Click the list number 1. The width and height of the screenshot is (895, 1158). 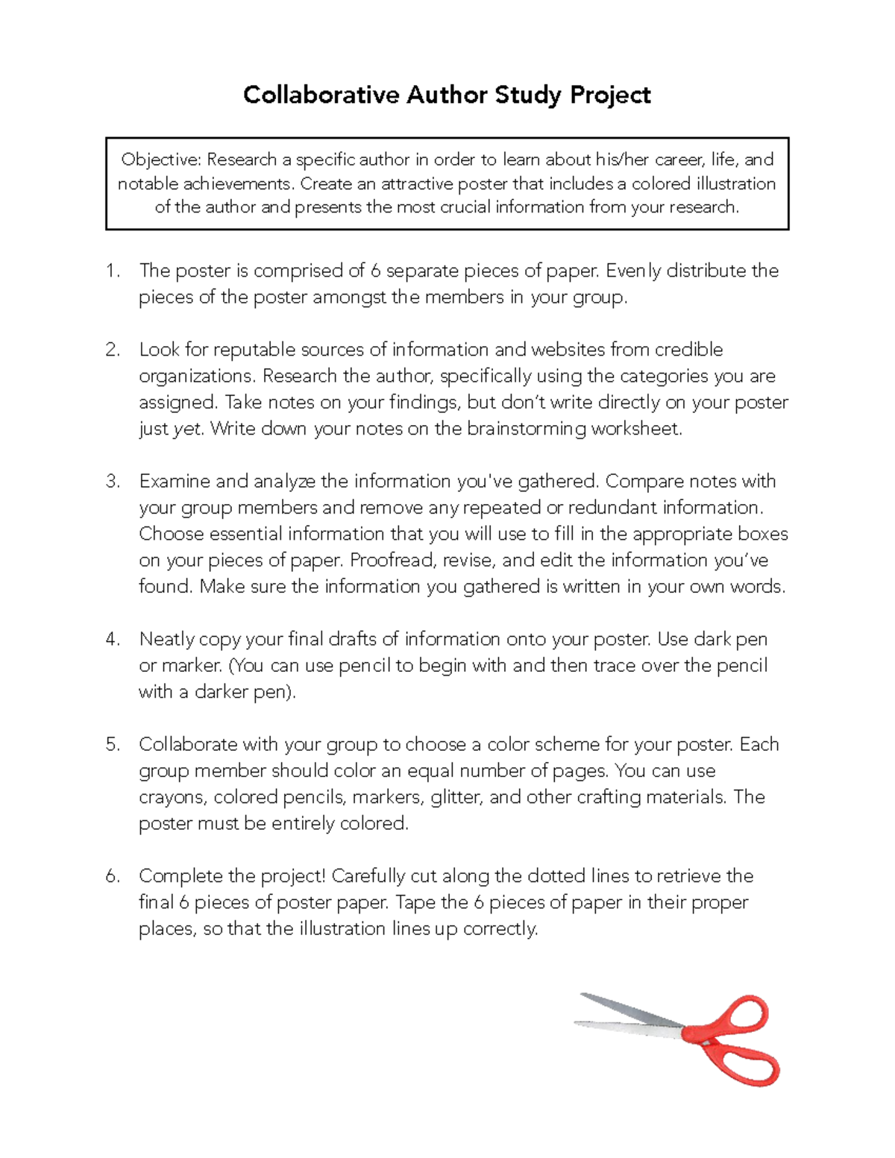[113, 271]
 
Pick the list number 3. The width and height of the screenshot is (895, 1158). [113, 481]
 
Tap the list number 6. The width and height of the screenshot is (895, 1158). [113, 876]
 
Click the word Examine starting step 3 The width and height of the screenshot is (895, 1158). [175, 481]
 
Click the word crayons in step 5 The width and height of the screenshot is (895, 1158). [172, 797]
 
